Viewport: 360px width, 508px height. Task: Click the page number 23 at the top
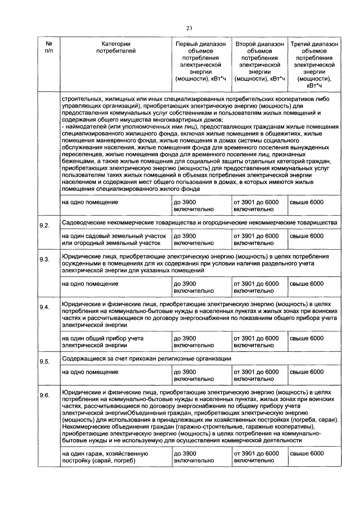coord(189,28)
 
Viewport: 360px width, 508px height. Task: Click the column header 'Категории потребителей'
coord(116,47)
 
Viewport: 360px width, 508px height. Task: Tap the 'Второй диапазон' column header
coord(259,61)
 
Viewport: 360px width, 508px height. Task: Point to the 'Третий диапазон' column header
coord(314,65)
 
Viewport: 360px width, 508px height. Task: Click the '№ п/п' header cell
coord(48,47)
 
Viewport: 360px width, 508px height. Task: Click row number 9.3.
coord(44,260)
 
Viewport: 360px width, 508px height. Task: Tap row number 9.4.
coord(44,307)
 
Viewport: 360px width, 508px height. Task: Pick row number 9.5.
coord(44,361)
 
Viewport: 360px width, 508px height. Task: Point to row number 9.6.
coord(44,395)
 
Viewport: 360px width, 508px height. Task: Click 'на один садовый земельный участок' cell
coord(114,239)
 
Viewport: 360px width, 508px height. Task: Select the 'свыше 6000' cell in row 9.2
coord(307,236)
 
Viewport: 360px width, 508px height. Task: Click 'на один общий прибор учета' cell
coord(103,342)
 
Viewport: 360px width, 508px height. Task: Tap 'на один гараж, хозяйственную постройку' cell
coord(105,457)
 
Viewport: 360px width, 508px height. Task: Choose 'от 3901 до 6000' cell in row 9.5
coord(256,375)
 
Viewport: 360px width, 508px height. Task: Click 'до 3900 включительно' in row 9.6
coord(194,457)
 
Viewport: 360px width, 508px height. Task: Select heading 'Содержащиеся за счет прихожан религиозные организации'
coord(146,358)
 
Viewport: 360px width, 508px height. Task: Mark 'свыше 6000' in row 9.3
coord(307,284)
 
